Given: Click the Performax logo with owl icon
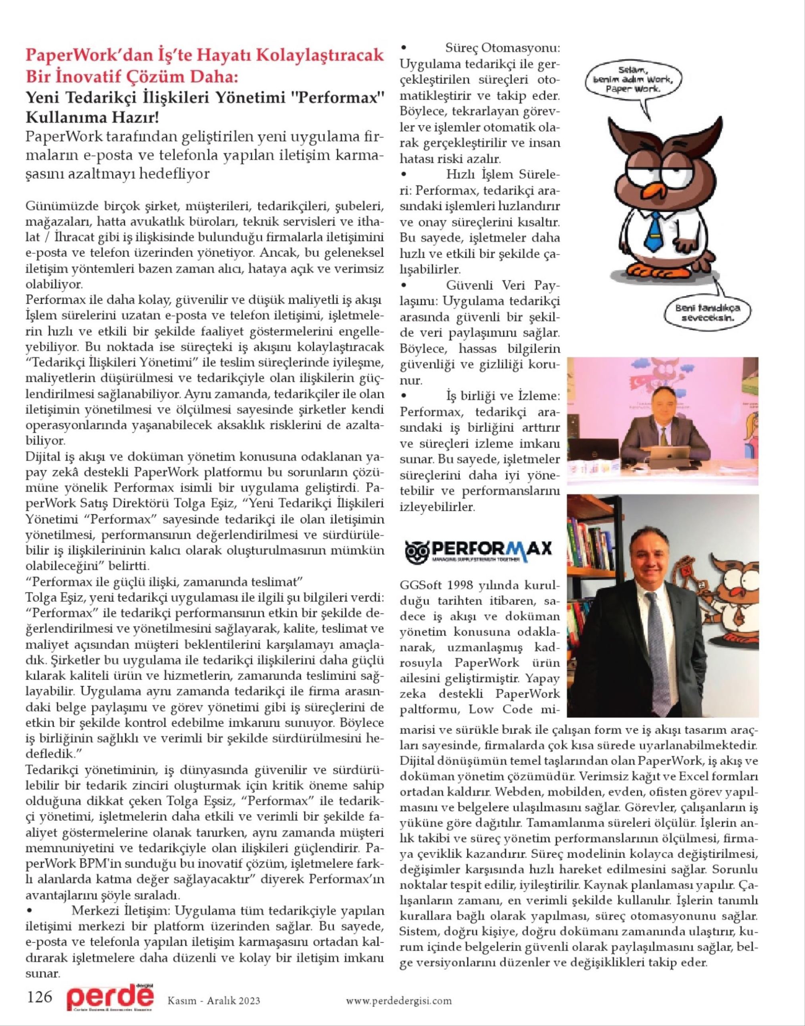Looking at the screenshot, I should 478,549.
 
